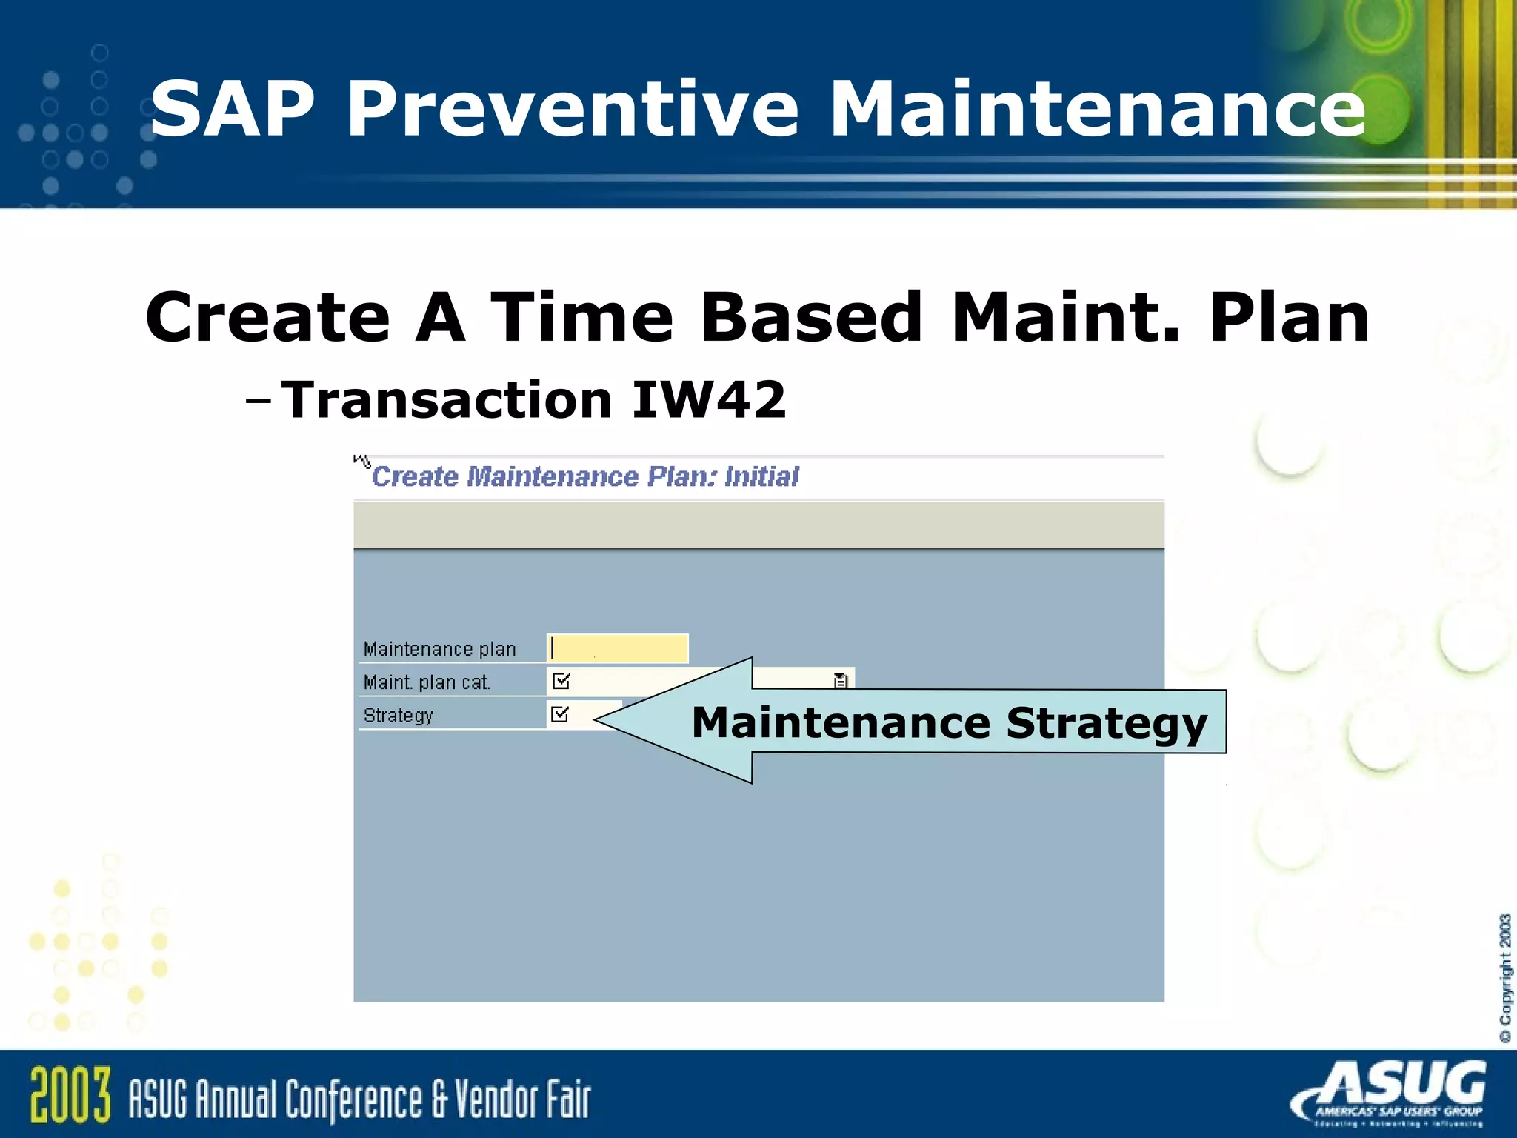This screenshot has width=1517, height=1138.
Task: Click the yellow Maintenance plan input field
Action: pyautogui.click(x=618, y=648)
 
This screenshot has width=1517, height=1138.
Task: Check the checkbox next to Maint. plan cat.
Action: pyautogui.click(x=561, y=681)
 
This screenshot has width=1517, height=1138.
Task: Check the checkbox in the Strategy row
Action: pyautogui.click(x=560, y=714)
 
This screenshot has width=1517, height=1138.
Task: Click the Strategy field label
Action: pyautogui.click(x=399, y=716)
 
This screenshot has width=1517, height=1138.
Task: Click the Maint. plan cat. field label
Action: pyautogui.click(x=427, y=682)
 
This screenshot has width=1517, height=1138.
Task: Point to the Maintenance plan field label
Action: pyautogui.click(x=439, y=649)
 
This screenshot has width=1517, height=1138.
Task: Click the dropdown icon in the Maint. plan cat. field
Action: pyautogui.click(x=840, y=680)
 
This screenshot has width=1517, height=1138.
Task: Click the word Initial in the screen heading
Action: pyautogui.click(x=761, y=476)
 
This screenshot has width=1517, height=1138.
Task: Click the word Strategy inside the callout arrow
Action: pyautogui.click(x=1107, y=723)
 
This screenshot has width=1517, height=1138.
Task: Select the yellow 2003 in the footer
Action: pyautogui.click(x=70, y=1094)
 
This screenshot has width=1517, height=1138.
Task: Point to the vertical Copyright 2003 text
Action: pyautogui.click(x=1505, y=978)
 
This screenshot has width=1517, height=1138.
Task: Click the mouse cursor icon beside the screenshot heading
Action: pyautogui.click(x=361, y=460)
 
